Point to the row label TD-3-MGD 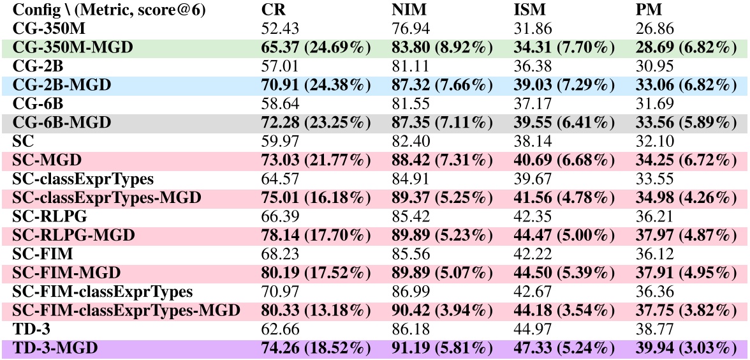52,348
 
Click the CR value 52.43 279,29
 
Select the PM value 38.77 652,329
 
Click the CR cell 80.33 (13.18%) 316,310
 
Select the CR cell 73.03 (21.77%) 316,160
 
